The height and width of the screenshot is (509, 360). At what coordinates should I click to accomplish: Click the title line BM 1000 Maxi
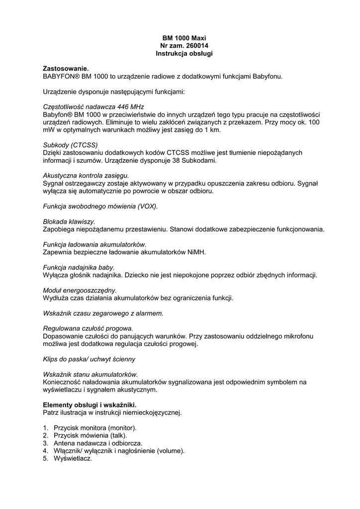click(x=184, y=38)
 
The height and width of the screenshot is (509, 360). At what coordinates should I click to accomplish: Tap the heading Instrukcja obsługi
click(x=184, y=53)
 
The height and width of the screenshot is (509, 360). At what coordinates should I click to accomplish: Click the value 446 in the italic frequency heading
click(x=124, y=107)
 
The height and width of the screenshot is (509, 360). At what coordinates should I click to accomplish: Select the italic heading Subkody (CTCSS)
click(x=70, y=145)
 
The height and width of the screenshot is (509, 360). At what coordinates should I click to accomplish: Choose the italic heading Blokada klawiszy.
click(x=69, y=221)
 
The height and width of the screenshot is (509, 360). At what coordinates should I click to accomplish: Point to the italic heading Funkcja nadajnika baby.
click(x=79, y=267)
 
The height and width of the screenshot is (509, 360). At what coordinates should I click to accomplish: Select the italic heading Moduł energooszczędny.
click(x=80, y=290)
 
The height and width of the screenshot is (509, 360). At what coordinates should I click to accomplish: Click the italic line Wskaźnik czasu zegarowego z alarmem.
click(x=103, y=313)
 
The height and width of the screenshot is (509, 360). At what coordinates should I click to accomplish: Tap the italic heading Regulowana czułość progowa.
click(x=88, y=329)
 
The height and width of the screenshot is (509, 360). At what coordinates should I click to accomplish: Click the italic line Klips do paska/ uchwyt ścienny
click(x=89, y=359)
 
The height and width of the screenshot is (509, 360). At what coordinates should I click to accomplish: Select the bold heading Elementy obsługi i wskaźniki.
click(x=90, y=405)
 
